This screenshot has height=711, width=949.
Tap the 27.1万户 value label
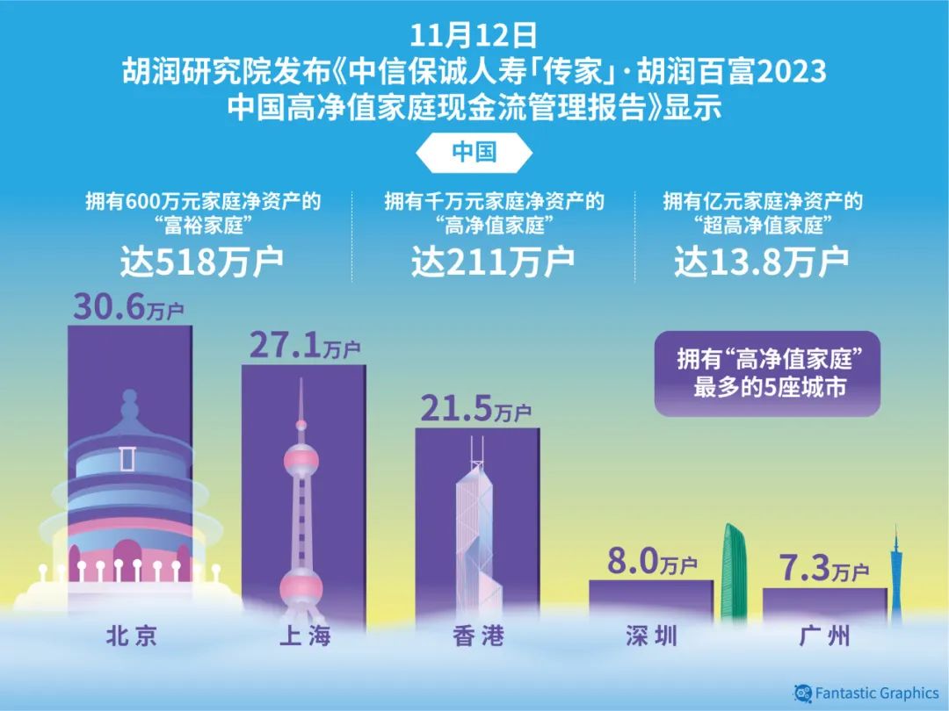[x=304, y=345]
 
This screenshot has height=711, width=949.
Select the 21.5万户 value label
[x=475, y=408]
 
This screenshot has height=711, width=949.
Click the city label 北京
[x=131, y=636]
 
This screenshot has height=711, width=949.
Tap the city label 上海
[x=304, y=636]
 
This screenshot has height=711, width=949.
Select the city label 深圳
[x=651, y=636]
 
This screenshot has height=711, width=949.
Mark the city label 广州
[x=825, y=636]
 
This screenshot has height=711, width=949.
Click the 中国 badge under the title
[x=474, y=151]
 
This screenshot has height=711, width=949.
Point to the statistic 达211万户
[x=493, y=262]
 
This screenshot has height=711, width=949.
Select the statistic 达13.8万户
[x=761, y=262]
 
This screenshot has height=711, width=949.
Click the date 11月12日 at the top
[x=474, y=37]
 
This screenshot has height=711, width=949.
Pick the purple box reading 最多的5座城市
[x=766, y=373]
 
